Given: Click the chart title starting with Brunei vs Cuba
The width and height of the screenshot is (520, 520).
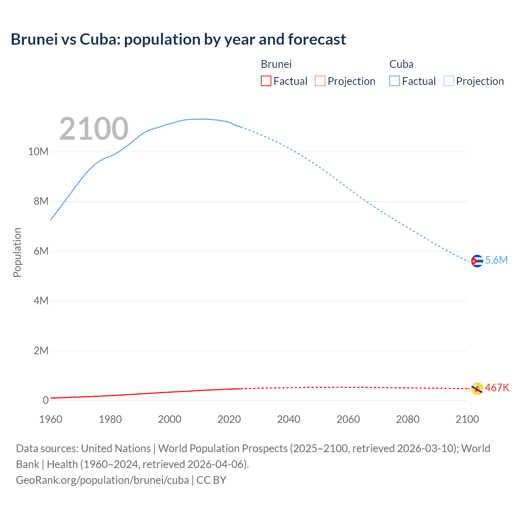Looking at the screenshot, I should click(178, 39).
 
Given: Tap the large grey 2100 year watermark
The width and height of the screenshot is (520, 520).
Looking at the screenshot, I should click(94, 129).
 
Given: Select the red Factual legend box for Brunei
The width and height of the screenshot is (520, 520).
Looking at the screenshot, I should click(266, 81).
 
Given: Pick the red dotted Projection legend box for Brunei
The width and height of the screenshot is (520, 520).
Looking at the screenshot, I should click(320, 81).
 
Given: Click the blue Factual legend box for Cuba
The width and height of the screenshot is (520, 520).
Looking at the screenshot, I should click(394, 81).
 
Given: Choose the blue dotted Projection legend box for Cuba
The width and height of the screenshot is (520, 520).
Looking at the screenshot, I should click(449, 81).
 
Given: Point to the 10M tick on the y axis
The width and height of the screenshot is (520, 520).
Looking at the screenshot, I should click(38, 152).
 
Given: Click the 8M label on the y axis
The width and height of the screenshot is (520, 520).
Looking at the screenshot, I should click(41, 201).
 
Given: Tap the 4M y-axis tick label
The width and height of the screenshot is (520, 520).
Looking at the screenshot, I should click(41, 301).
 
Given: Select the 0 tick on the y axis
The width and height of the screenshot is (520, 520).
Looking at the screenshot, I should click(46, 401).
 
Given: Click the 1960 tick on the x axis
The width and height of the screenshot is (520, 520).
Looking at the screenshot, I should click(51, 419).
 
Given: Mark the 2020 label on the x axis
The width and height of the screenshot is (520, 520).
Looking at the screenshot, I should click(229, 419).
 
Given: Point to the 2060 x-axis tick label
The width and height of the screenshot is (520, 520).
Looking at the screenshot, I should click(348, 419).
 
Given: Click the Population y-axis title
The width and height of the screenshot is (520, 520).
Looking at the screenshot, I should click(17, 252).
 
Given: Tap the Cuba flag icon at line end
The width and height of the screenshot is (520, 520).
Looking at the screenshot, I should click(477, 261).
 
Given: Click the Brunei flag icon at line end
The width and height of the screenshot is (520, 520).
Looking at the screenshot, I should click(477, 388).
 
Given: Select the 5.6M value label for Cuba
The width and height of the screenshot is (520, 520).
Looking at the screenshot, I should click(496, 260).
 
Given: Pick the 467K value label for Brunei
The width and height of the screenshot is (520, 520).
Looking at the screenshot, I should click(497, 388).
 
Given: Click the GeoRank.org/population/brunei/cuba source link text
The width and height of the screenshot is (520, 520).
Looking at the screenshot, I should click(102, 480).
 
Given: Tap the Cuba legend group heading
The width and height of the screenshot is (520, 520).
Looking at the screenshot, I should click(401, 64).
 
